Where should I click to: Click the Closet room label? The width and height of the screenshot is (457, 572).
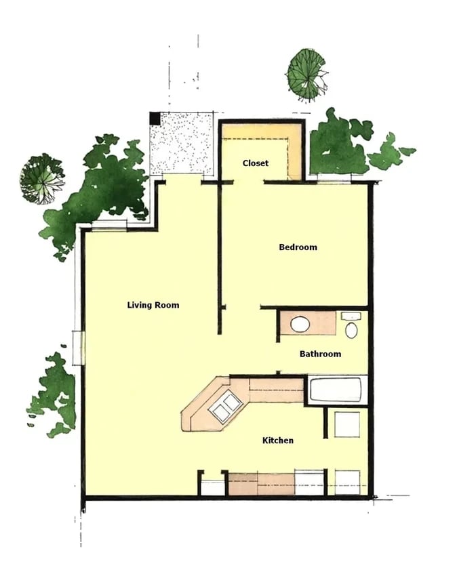[255, 163]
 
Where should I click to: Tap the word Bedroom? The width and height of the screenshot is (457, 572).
[298, 247]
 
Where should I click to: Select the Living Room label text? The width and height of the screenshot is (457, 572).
[153, 305]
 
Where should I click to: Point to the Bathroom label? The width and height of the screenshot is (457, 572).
[320, 354]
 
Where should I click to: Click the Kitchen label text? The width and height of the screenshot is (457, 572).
[278, 441]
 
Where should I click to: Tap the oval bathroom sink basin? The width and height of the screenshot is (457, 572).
[300, 325]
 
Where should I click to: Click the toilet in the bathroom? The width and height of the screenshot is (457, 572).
[351, 329]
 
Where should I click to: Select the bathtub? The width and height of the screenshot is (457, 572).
[336, 391]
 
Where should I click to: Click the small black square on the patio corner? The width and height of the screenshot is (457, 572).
[155, 118]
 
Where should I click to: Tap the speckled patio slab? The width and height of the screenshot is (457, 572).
[182, 144]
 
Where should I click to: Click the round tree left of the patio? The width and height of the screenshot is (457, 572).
[42, 179]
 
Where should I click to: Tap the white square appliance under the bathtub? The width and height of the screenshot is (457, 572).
[347, 424]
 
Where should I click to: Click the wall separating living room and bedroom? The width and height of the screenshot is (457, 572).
[219, 258]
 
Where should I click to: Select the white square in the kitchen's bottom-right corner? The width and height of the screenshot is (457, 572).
[347, 482]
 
